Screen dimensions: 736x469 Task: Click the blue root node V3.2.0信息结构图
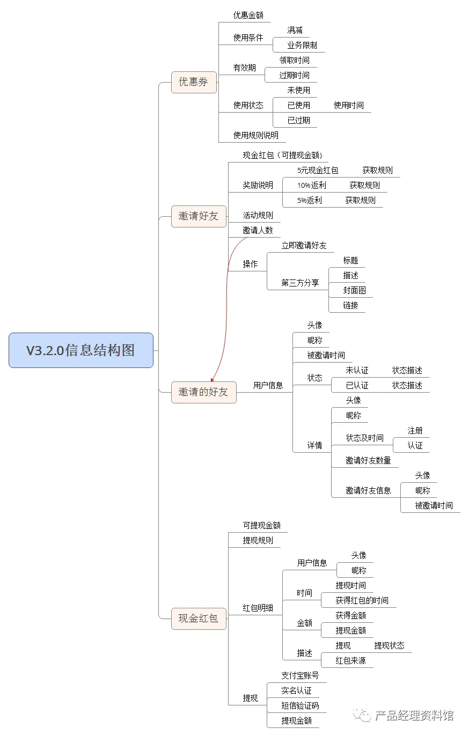pos(81,350)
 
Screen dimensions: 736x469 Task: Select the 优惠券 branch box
pos(194,82)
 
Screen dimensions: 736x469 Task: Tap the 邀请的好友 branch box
pos(203,392)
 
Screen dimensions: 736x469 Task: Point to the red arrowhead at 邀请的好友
pos(212,380)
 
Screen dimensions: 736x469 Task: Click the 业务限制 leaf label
pos(302,46)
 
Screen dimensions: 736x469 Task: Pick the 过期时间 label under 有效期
pos(294,76)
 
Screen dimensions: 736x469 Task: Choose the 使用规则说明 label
pos(255,136)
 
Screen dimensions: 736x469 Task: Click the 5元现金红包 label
pos(318,171)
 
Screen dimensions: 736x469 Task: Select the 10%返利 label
pos(312,186)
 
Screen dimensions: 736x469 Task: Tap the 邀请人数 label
pos(258,231)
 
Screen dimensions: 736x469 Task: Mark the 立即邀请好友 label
pos(304,246)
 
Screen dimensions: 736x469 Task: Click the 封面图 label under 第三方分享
pos(355,291)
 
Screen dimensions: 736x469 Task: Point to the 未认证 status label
pos(357,371)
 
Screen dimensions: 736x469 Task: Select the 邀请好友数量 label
pos(368,461)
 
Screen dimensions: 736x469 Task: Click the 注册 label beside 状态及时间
pos(415,431)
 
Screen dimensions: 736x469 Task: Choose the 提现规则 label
pos(258,541)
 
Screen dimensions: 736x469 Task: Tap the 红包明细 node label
pos(258,608)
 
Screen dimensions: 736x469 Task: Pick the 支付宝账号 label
pos(300,676)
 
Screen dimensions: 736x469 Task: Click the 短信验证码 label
pos(300,706)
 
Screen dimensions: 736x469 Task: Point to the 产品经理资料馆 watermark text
pos(414,716)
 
